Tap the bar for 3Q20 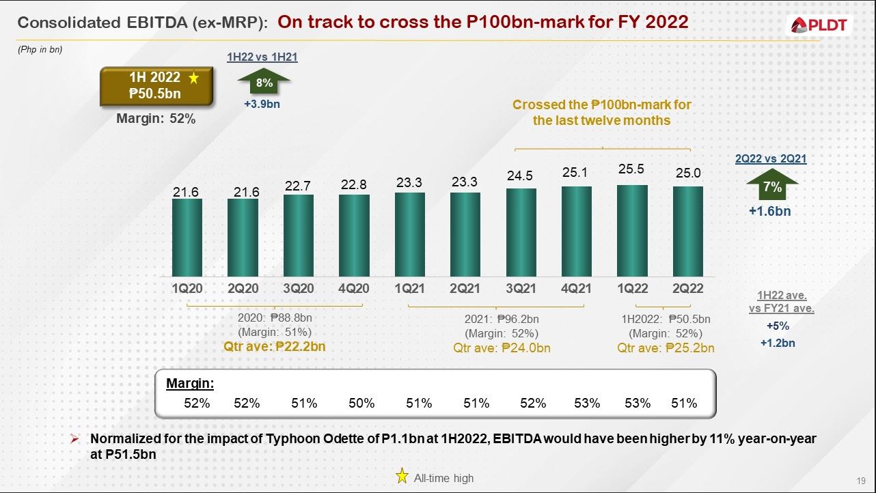(299, 235)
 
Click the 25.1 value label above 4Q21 (576, 173)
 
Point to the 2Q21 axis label (465, 289)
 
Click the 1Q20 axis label (187, 289)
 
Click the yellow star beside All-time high (402, 477)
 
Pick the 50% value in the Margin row (361, 404)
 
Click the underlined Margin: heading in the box (190, 384)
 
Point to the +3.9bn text (262, 104)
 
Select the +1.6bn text (769, 212)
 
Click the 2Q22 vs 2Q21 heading (771, 159)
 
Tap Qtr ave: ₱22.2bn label (274, 347)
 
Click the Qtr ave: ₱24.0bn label (502, 348)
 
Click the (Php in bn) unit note (40, 49)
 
